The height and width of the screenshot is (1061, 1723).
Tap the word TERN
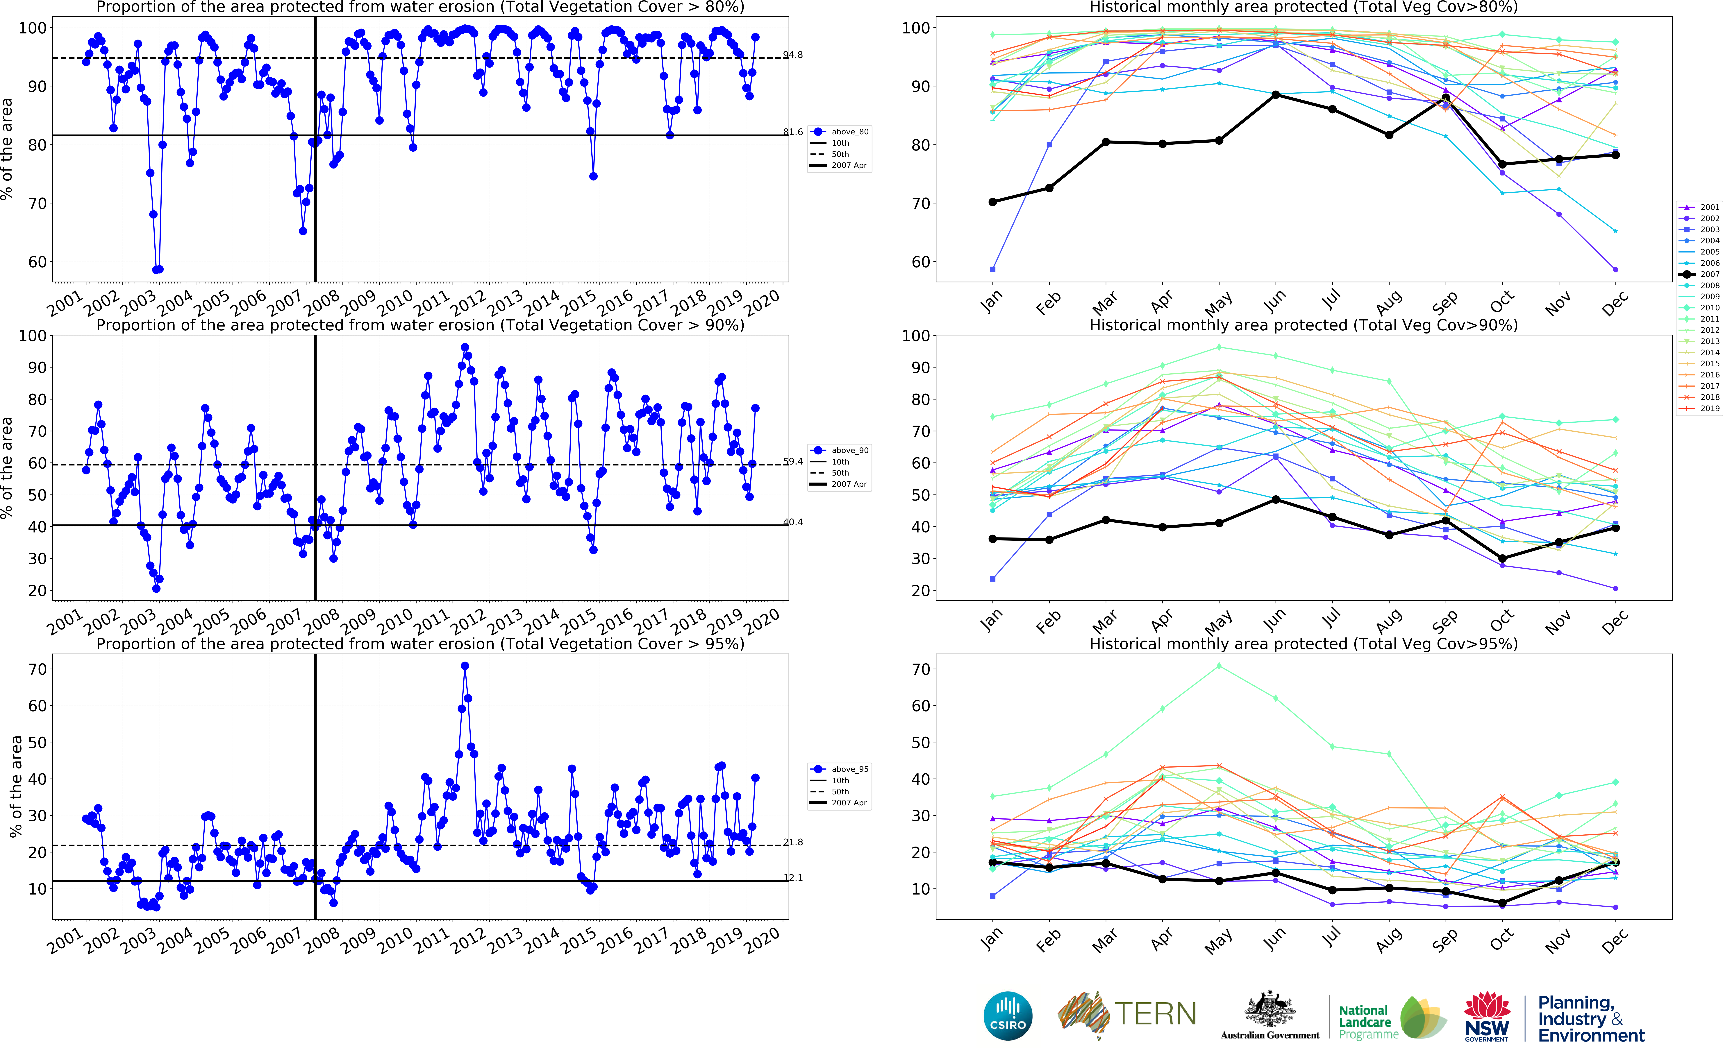[x=1155, y=1014]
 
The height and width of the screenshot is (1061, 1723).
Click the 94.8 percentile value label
[x=793, y=55]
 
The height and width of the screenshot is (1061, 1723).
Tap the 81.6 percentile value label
[x=793, y=132]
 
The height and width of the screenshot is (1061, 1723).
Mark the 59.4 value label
[x=793, y=462]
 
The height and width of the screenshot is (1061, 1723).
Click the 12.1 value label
[x=793, y=878]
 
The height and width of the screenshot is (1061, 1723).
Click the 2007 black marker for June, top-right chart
[x=1276, y=95]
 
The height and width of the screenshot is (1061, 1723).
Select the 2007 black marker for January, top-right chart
[x=992, y=202]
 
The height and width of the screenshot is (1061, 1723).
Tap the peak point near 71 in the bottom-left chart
[x=465, y=666]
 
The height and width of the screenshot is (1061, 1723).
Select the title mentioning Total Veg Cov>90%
[x=1303, y=325]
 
